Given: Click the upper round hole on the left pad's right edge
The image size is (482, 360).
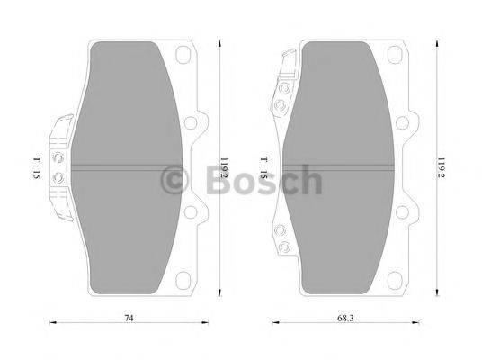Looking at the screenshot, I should (192, 125).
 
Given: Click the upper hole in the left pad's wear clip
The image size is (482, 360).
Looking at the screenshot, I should (59, 155).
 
